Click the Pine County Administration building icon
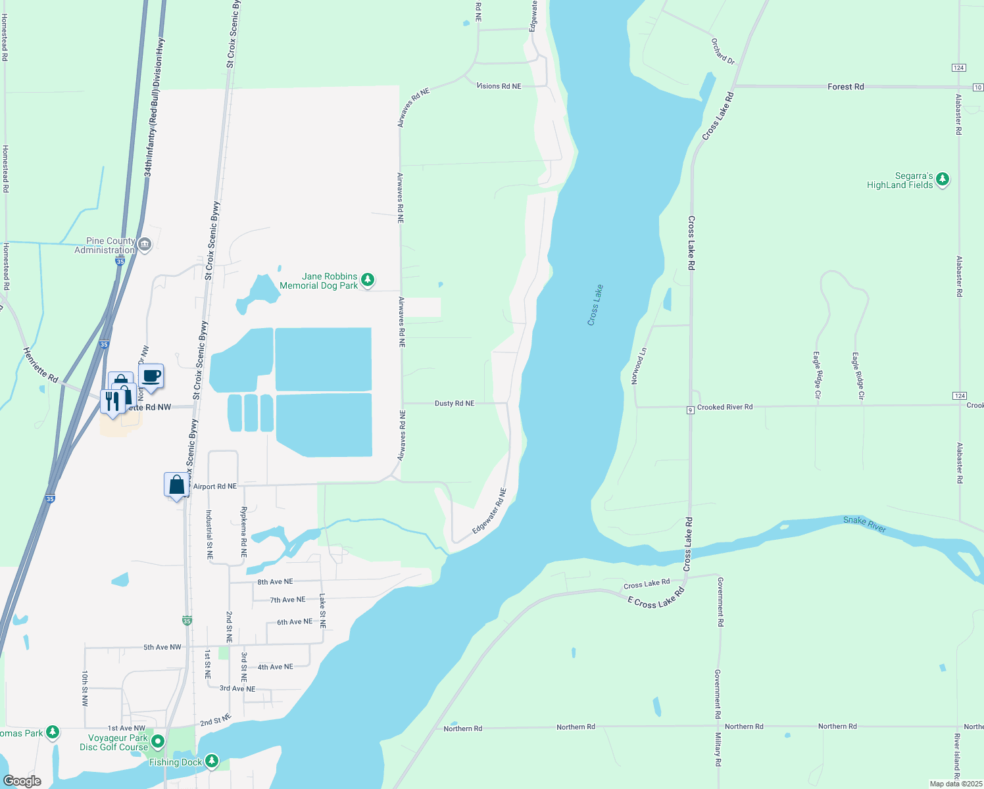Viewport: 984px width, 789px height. [145, 245]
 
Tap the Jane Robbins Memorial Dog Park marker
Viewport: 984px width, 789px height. [368, 281]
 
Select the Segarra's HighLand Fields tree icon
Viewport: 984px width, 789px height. [942, 179]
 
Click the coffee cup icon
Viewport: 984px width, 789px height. [151, 376]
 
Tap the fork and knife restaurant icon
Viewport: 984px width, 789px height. [112, 400]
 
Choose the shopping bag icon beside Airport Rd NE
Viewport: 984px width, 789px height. [176, 485]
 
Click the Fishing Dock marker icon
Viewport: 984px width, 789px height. [211, 761]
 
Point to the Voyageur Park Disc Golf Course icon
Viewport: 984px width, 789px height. [157, 742]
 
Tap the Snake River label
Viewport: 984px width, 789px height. [864, 524]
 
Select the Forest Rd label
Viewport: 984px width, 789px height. [845, 87]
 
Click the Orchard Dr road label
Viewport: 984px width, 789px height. [722, 51]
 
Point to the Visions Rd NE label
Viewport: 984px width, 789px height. [499, 86]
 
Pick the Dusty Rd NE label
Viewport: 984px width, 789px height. [454, 403]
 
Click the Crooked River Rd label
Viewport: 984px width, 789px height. [724, 407]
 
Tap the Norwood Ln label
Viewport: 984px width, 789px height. [638, 366]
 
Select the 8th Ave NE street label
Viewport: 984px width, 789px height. [275, 582]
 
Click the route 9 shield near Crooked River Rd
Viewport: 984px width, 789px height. [691, 410]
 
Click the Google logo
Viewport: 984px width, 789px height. [22, 781]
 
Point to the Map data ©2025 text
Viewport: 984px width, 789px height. [955, 784]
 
